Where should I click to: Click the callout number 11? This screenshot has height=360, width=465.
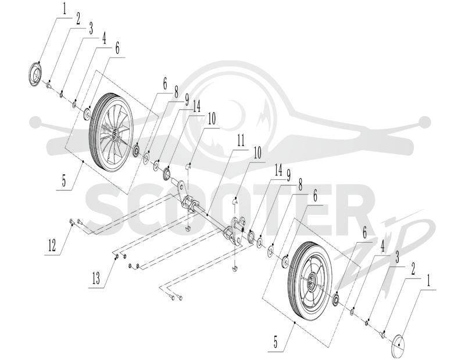[241, 141]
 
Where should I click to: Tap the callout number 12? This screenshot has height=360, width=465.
[52, 246]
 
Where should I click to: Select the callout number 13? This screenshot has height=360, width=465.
[96, 279]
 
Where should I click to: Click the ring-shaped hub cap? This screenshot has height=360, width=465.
[35, 74]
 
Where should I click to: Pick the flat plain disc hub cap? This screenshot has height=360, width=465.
[399, 346]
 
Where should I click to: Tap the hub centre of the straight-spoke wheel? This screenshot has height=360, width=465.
[312, 283]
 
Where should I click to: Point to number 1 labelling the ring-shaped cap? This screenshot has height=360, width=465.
[64, 9]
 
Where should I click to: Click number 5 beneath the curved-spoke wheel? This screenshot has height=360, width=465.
[64, 181]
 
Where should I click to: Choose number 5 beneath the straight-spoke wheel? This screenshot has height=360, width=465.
[276, 343]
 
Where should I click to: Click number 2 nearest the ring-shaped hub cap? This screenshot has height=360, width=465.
[78, 19]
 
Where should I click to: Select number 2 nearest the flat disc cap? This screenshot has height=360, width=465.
[413, 269]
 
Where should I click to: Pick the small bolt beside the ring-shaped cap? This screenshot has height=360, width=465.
[48, 86]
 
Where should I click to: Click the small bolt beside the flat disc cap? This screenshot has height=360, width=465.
[382, 334]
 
